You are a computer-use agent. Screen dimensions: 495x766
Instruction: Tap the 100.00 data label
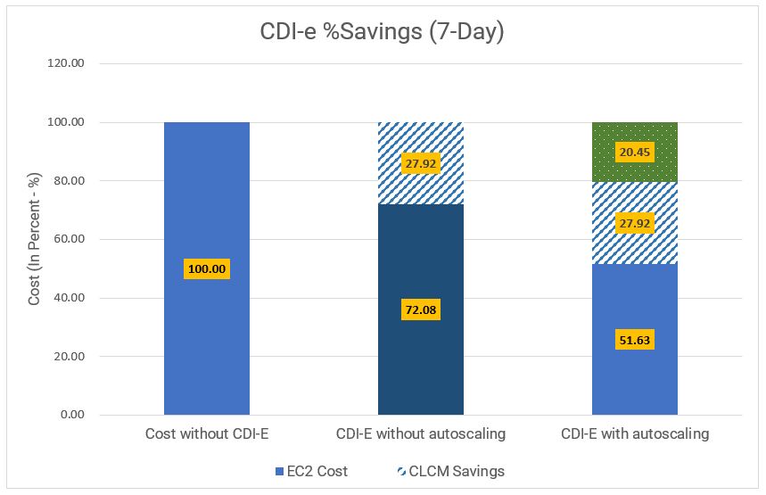click(x=207, y=268)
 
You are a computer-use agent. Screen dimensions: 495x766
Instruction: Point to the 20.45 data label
click(x=634, y=153)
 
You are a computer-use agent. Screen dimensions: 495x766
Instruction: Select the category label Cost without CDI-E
click(x=207, y=434)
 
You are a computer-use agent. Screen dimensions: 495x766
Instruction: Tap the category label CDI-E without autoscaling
click(x=421, y=434)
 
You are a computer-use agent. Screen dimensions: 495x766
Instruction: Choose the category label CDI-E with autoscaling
click(x=634, y=434)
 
